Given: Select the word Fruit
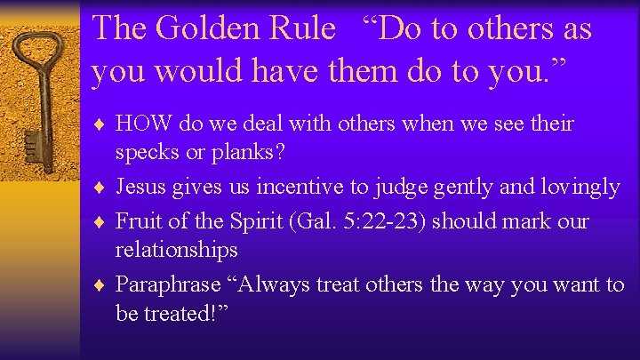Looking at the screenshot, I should (137, 221).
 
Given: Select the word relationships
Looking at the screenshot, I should (177, 250).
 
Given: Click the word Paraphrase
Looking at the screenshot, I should (167, 285).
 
